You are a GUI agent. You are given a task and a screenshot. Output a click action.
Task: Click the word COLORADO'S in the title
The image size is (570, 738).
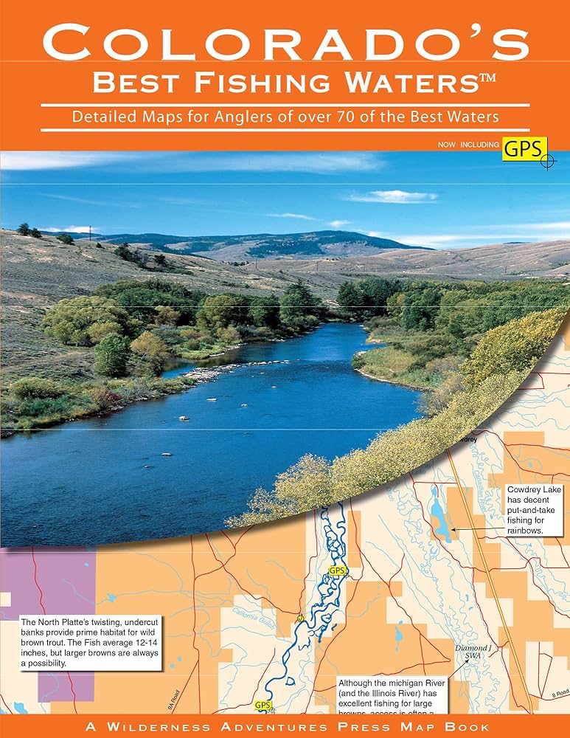[x=285, y=43]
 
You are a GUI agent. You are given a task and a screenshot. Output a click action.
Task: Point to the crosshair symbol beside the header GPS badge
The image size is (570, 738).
[x=546, y=160]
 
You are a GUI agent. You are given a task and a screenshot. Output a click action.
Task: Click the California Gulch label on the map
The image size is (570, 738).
[x=254, y=613]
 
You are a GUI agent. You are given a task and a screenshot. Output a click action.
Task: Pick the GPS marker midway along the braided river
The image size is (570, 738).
[x=336, y=570]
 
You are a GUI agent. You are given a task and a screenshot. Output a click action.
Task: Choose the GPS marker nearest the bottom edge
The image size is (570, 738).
[x=263, y=705]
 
